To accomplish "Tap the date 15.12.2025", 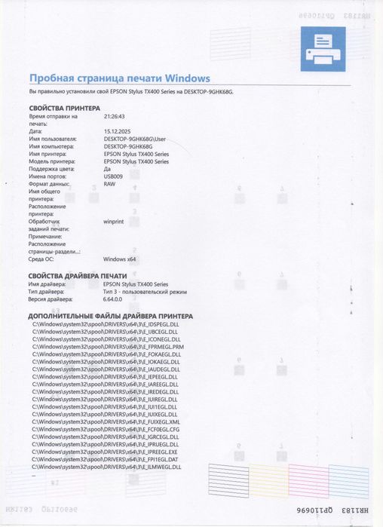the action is coord(117,131).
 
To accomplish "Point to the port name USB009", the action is coord(114,176).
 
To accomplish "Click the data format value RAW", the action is coord(109,183).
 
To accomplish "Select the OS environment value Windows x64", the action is coord(121,259).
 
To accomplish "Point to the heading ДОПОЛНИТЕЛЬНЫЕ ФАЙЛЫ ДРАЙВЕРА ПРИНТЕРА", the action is coord(121,316).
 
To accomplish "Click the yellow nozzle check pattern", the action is coord(267,480).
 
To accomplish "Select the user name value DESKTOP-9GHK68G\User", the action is coord(134,139).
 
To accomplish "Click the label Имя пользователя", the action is coord(53,139).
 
